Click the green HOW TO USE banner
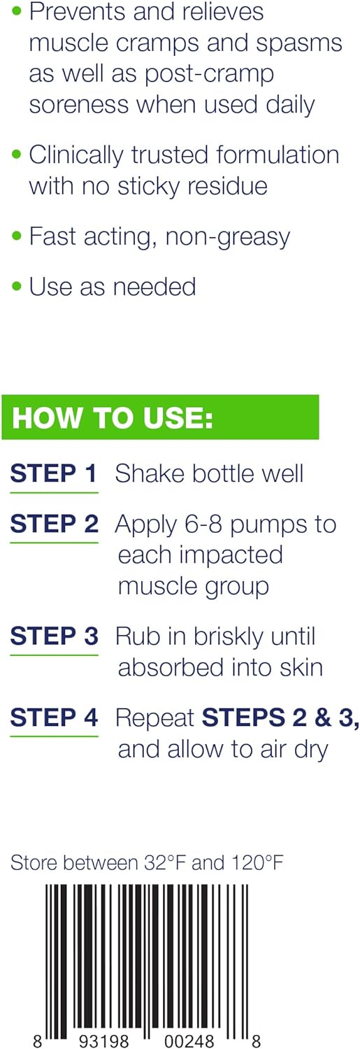tap(160, 418)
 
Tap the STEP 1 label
tap(54, 474)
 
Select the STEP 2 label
tap(54, 524)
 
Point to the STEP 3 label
tap(54, 636)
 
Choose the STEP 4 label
tap(54, 718)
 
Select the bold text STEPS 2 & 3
tap(280, 718)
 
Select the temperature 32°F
tap(162, 863)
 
